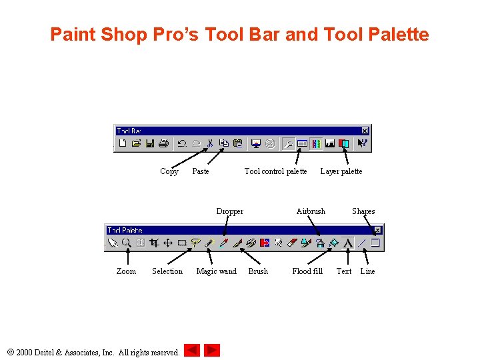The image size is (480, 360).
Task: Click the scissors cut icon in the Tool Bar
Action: coord(209,143)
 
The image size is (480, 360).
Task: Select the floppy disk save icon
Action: coord(150,143)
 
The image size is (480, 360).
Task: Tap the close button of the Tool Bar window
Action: coord(365,131)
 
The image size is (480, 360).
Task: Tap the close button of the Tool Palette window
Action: coord(377,230)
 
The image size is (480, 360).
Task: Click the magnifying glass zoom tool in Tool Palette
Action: coord(126,243)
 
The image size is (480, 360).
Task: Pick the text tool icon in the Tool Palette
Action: coord(348,243)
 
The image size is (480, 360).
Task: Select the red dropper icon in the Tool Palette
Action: coord(224,243)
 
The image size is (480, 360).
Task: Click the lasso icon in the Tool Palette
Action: coord(196,243)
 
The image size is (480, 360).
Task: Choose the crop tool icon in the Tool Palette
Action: coord(154,243)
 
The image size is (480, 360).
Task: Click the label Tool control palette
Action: coord(275,171)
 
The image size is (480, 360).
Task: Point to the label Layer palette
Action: coord(341,171)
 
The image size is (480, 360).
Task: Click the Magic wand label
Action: coord(216,271)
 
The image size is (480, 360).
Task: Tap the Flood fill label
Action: coord(307,271)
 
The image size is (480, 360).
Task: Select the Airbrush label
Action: coord(311,211)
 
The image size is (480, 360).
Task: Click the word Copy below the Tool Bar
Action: coord(169,171)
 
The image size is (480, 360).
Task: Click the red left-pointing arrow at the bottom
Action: coord(192,350)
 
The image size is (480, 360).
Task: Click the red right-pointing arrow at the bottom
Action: coord(212,350)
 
